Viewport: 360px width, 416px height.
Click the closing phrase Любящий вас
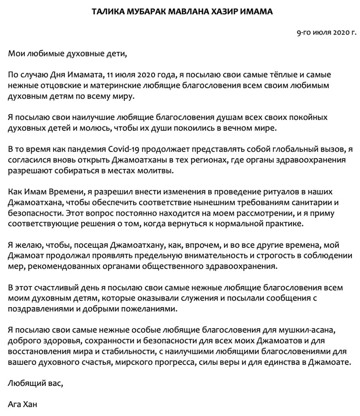[36, 383]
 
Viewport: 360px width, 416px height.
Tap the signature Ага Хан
[24, 404]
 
